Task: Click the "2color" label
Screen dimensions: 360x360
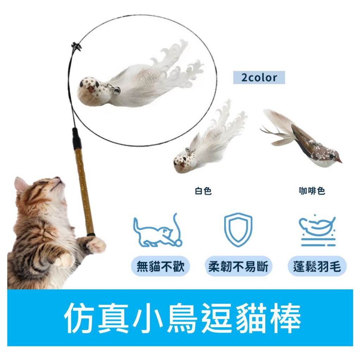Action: [x=259, y=78]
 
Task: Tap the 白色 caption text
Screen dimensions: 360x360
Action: [x=203, y=191]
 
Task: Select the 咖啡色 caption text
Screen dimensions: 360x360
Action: [x=312, y=191]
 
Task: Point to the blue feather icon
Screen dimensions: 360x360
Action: [x=317, y=230]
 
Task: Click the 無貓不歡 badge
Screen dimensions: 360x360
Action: [x=160, y=266]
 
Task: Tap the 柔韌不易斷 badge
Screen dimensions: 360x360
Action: [x=238, y=266]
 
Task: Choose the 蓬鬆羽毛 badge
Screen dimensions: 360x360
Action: [x=317, y=266]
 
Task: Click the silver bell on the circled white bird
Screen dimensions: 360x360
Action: [x=117, y=90]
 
